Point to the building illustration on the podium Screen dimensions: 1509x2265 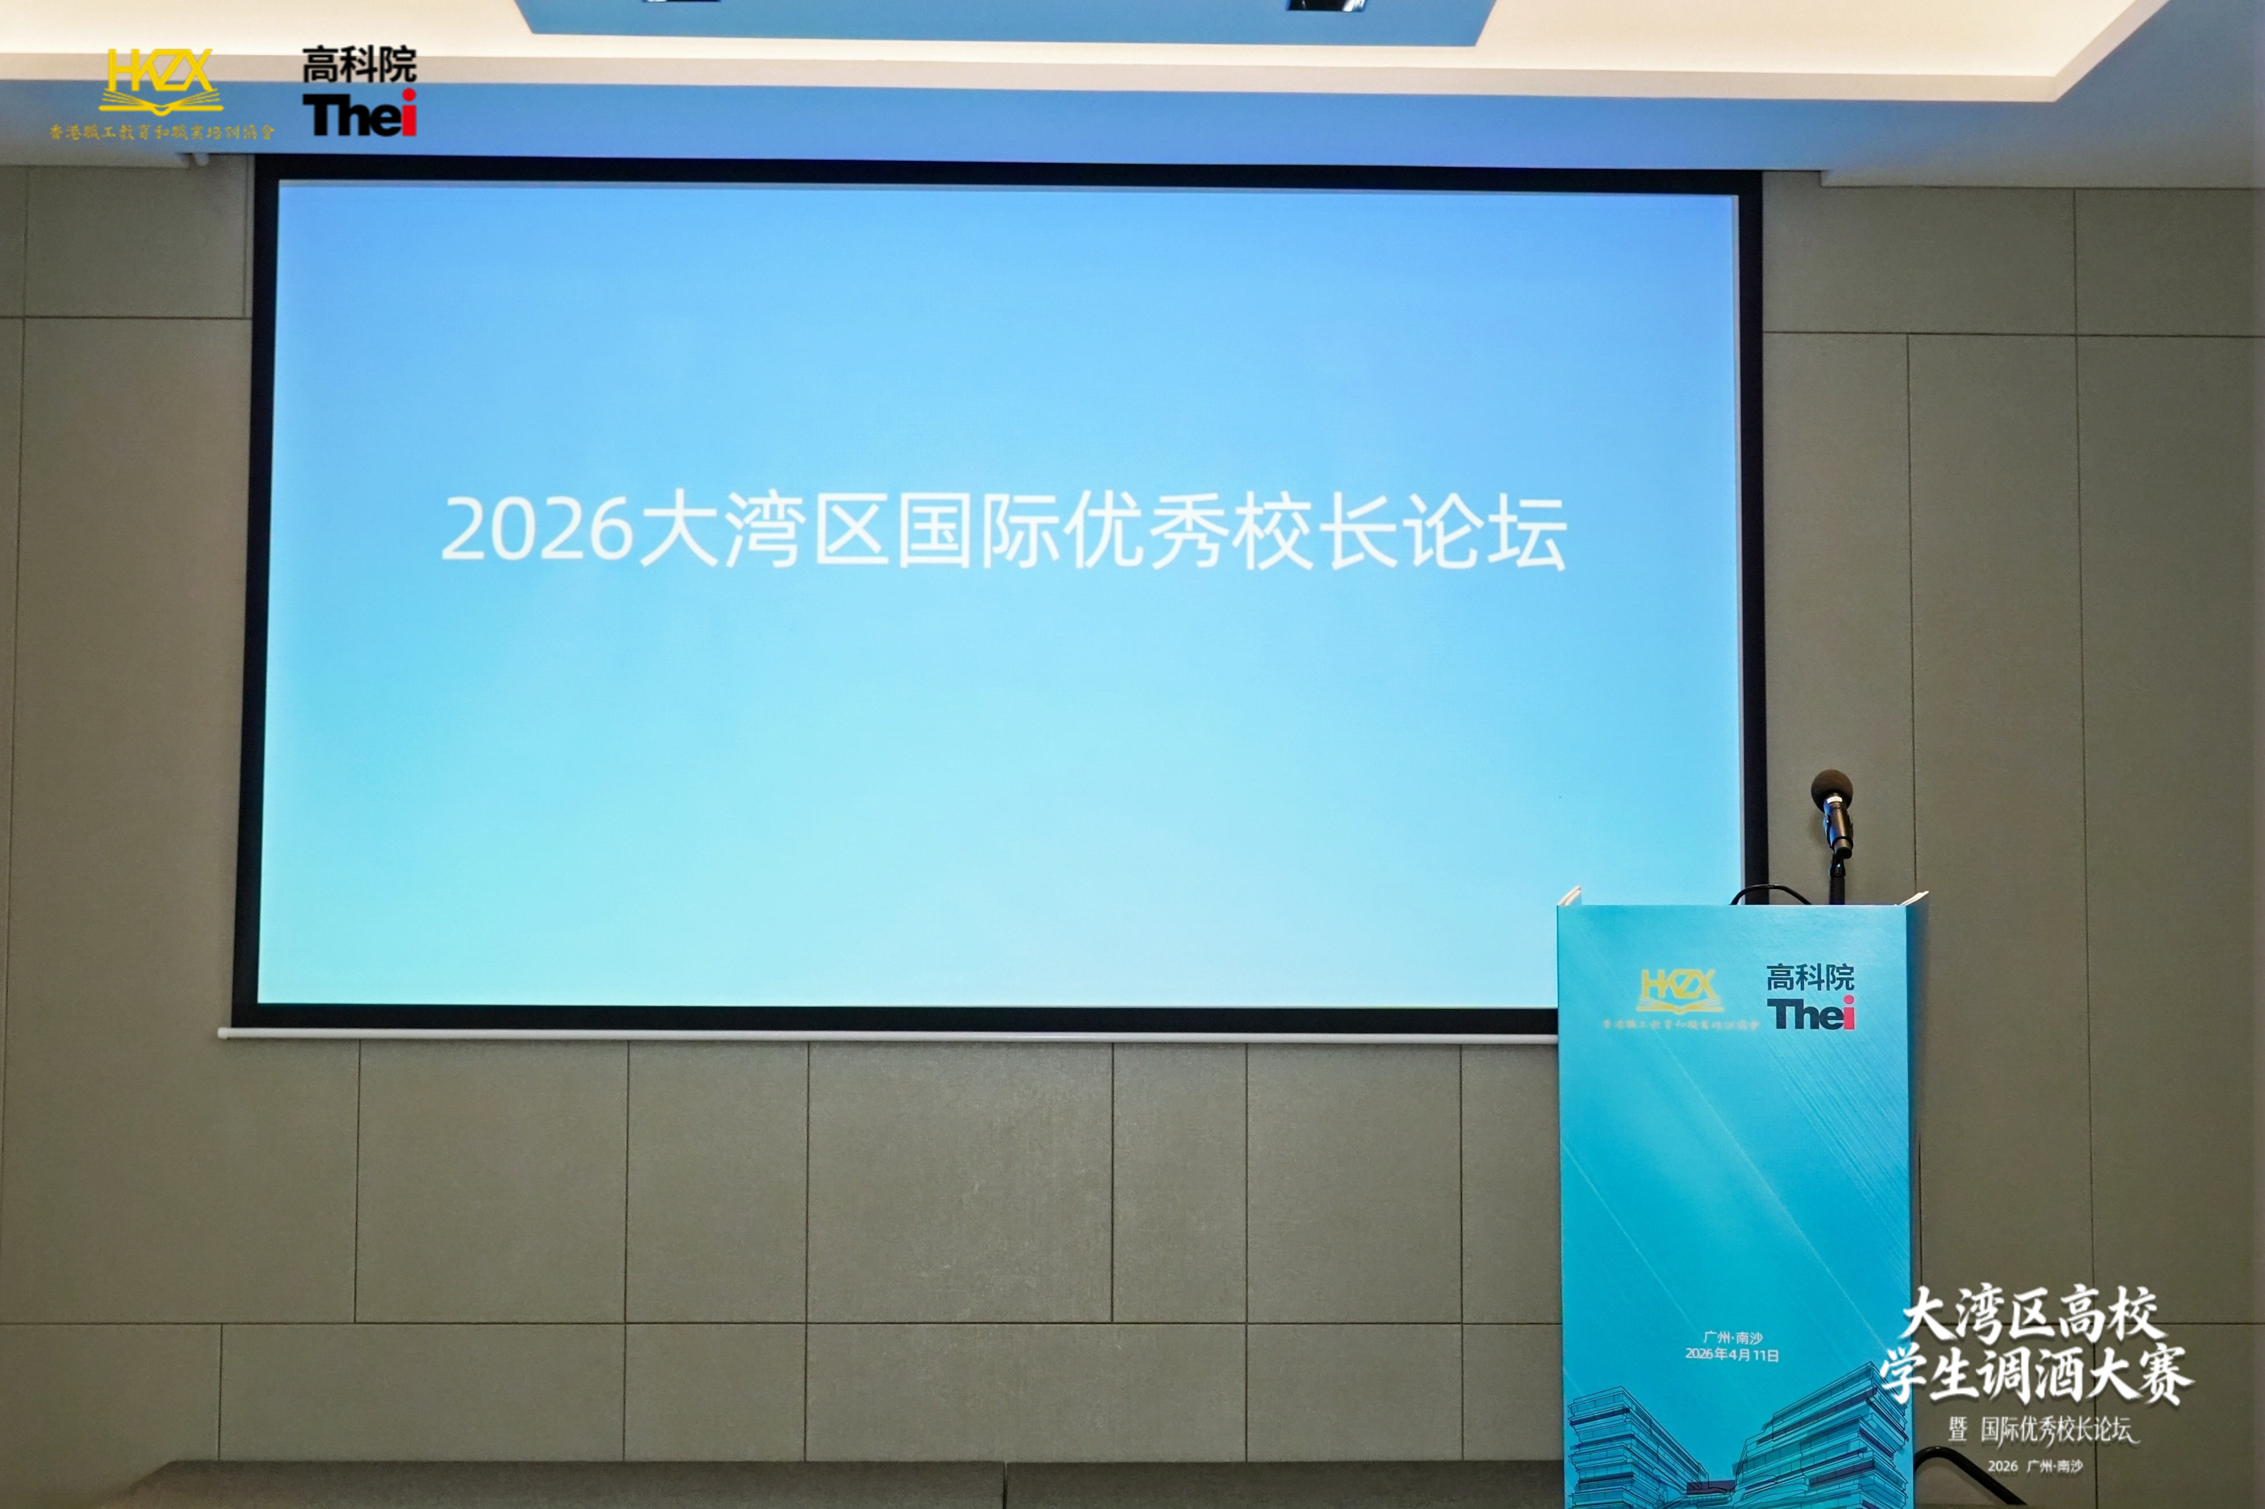(1733, 1448)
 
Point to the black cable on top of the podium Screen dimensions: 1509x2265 (1771, 893)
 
